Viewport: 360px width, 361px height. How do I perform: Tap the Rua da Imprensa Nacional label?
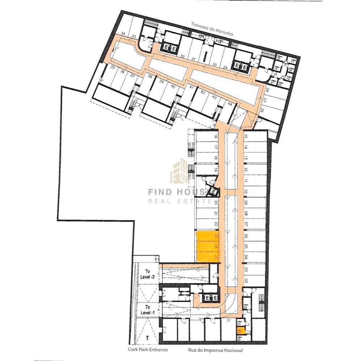coord(215,350)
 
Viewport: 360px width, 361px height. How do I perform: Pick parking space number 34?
coord(123,34)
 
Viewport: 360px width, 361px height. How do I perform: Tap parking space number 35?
coord(112,68)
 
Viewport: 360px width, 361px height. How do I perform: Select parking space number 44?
coord(230,104)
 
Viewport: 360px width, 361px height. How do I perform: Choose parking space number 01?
coord(228,320)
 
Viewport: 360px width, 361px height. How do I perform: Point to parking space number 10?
coord(245,192)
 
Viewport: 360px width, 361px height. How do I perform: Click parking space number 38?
coord(150,77)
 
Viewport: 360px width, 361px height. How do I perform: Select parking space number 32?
coord(183,57)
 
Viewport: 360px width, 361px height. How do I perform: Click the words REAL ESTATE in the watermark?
coord(179,201)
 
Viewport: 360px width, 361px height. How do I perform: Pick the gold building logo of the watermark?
coord(180,172)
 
